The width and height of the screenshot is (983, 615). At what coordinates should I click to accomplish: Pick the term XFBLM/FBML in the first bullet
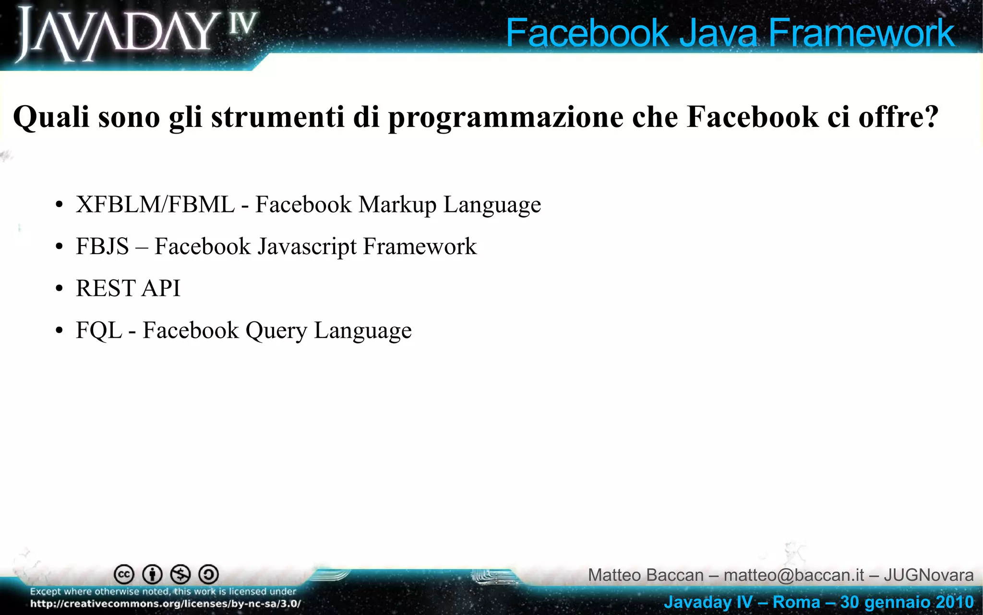coord(155,205)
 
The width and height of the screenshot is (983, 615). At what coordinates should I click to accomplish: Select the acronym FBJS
coord(102,246)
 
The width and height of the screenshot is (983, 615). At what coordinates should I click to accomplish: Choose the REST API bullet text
coord(128,288)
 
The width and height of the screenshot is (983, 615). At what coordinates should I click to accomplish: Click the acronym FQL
coord(99,331)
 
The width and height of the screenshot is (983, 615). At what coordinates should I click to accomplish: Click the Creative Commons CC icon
coord(124,574)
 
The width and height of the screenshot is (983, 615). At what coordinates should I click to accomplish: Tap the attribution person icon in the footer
coord(153,574)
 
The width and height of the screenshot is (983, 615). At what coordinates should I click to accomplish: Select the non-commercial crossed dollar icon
coord(180,574)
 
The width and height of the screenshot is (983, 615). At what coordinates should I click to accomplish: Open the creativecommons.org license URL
coord(166,603)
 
